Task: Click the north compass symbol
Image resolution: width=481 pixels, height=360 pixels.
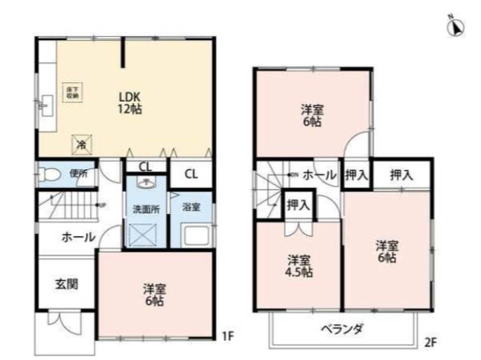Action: click(455, 27)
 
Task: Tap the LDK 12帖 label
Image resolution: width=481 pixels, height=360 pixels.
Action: click(130, 102)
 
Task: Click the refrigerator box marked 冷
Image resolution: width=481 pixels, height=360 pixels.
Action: click(82, 143)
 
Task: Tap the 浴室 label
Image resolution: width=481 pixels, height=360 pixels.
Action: click(191, 208)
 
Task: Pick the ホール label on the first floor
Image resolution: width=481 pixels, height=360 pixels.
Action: click(77, 237)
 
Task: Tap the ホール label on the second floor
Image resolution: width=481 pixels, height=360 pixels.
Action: click(319, 176)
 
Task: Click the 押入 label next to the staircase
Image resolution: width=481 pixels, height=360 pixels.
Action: click(298, 206)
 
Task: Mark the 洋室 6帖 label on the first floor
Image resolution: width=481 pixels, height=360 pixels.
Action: click(154, 295)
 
